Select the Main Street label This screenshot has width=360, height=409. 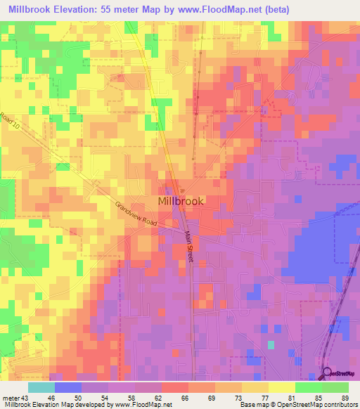pyautogui.click(x=189, y=248)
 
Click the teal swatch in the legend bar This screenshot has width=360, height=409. pyautogui.click(x=41, y=387)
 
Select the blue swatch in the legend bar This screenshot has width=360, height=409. pyautogui.click(x=68, y=387)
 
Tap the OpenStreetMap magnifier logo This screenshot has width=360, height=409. pyautogui.click(x=327, y=374)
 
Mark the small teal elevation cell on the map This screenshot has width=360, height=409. pyautogui.click(x=271, y=344)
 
